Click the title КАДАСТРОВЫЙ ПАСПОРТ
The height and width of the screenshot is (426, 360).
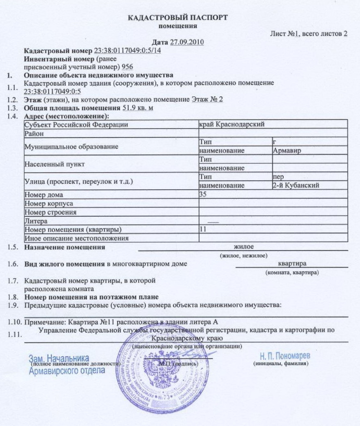178,18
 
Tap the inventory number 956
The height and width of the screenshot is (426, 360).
127,67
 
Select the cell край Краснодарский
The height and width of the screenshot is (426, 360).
231,124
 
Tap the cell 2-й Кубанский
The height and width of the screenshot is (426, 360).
296,186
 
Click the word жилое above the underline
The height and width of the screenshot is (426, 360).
244,247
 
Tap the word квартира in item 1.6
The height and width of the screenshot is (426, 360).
292,264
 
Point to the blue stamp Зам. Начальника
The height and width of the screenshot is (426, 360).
59,358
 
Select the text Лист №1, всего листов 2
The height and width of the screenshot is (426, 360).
309,34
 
